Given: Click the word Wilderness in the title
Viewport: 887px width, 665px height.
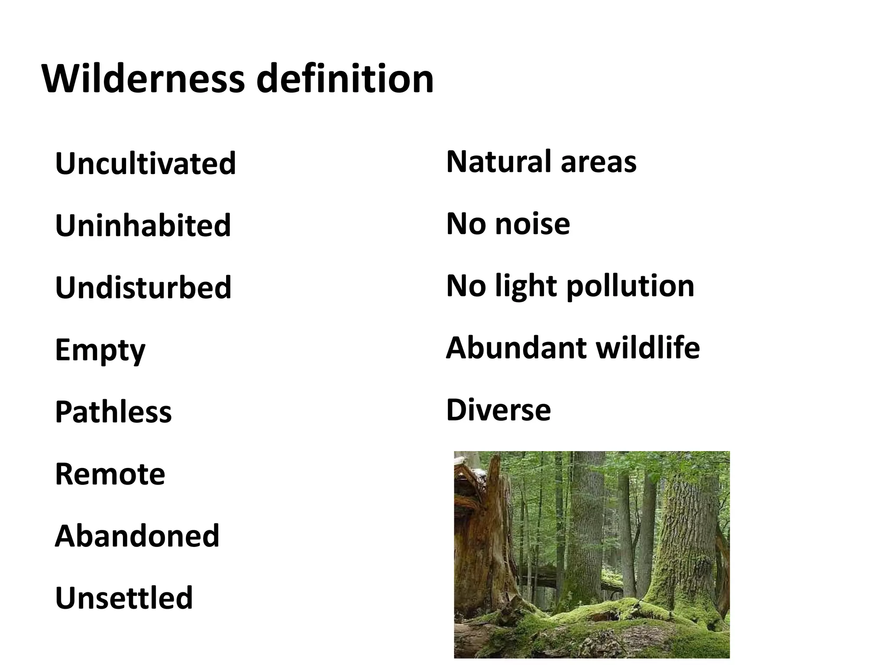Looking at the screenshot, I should [143, 79].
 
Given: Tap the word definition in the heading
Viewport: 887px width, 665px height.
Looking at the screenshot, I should [345, 79].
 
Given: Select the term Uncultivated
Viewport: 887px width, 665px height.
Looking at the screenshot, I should [146, 163].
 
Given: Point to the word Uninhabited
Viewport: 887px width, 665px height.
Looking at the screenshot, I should [143, 225].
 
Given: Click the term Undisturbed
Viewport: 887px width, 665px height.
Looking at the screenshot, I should [143, 287].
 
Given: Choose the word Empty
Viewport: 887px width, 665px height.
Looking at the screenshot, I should [100, 350].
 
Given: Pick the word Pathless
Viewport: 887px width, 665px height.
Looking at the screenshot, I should [113, 411].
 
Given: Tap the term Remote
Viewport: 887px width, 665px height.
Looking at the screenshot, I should [110, 474].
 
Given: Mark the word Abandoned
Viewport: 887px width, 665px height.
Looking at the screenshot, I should [137, 536].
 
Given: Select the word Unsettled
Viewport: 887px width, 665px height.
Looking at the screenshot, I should [124, 597].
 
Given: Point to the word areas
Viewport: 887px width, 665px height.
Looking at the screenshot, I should [599, 161].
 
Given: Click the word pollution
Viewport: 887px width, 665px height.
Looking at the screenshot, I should [630, 287].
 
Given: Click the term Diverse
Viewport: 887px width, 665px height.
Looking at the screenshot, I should [499, 410].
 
